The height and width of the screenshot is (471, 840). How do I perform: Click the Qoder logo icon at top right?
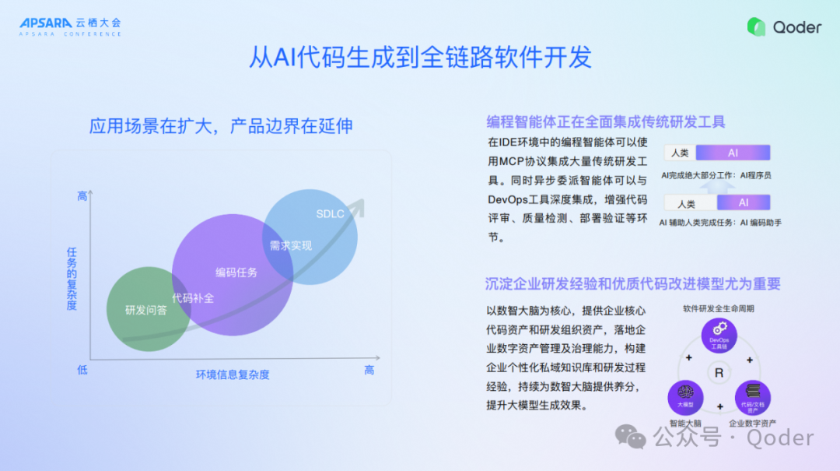tap(756, 26)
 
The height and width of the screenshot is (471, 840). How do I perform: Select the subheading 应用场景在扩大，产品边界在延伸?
tap(221, 125)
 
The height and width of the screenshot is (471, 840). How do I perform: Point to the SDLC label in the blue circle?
tap(330, 214)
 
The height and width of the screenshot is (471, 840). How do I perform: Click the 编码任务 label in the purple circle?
tap(236, 272)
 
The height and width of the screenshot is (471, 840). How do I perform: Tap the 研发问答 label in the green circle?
tap(146, 310)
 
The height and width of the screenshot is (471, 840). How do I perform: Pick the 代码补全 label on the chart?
tap(193, 297)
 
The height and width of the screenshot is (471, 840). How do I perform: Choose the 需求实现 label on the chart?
tap(290, 245)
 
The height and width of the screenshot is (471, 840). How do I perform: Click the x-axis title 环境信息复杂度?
tap(233, 374)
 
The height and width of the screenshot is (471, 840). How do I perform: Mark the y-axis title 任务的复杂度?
tap(72, 278)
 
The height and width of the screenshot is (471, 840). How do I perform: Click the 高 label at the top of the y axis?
tap(82, 196)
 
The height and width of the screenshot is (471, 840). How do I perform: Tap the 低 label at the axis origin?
tap(82, 370)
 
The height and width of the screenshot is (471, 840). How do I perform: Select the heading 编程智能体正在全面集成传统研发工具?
tap(606, 121)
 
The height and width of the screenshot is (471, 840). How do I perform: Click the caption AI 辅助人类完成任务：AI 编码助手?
tap(720, 223)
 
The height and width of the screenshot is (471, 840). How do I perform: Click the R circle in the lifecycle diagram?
tap(719, 373)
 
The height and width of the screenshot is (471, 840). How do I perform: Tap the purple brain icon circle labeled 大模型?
tap(685, 397)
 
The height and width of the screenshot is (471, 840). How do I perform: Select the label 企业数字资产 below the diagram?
tap(752, 424)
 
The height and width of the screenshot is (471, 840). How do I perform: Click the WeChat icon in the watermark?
tap(631, 438)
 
